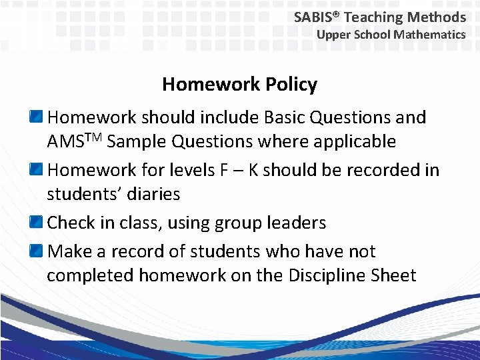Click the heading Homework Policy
tap(239, 85)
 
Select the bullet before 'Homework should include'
tap(37, 118)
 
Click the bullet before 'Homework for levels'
tap(37, 170)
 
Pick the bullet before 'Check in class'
tap(37, 223)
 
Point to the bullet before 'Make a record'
tap(37, 251)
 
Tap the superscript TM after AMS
tap(92, 137)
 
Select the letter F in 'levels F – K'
tap(223, 170)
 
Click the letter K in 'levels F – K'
tap(253, 170)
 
